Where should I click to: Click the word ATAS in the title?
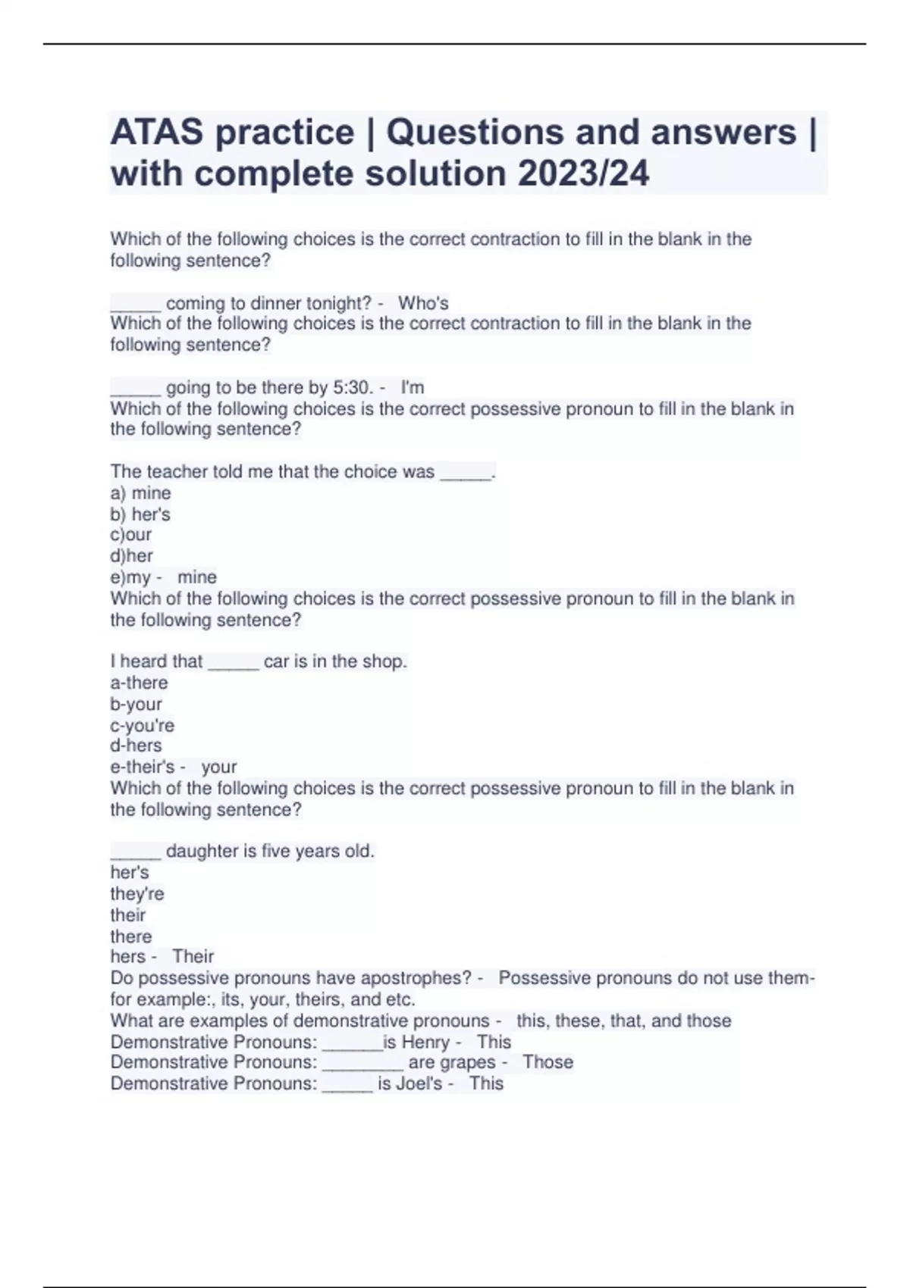coord(156,133)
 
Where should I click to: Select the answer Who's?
coord(423,303)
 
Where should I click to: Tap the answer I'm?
coord(413,387)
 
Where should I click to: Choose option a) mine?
coord(141,493)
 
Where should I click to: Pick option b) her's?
coord(140,514)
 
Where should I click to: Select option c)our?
coord(131,535)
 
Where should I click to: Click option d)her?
coord(132,555)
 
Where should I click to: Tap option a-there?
coord(140,683)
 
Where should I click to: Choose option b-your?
coord(136,704)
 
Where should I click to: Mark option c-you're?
coord(143,725)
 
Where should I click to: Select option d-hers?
coord(136,746)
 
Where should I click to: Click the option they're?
coord(137,894)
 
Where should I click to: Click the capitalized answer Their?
coord(193,956)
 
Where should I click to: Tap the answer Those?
coord(548,1062)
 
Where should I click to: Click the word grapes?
coord(468,1062)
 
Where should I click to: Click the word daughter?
coord(202,851)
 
